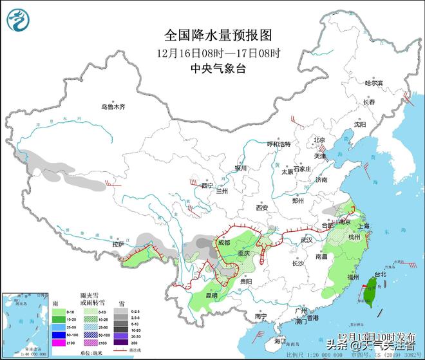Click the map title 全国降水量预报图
click(x=211, y=34)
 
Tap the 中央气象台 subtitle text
click(x=211, y=68)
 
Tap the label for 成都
click(x=223, y=243)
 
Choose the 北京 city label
click(x=319, y=140)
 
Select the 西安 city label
click(x=261, y=207)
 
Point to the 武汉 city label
click(x=305, y=240)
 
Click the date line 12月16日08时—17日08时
click(x=211, y=52)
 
